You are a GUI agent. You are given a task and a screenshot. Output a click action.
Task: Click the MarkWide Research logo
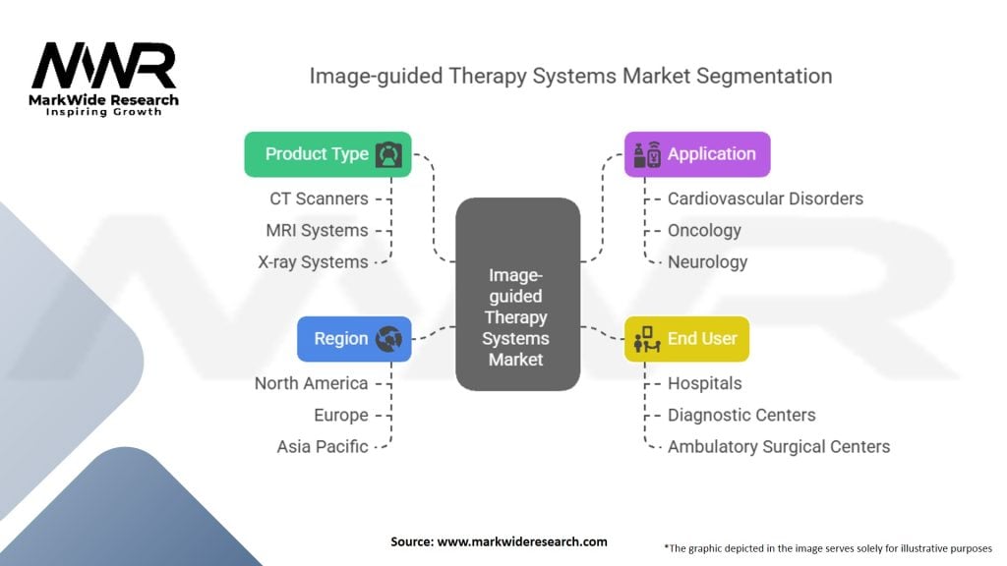click(x=104, y=79)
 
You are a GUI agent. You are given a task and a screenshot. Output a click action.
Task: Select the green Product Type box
click(x=327, y=154)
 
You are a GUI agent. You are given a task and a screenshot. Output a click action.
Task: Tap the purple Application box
click(x=697, y=154)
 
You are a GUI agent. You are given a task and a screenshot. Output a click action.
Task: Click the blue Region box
click(x=354, y=339)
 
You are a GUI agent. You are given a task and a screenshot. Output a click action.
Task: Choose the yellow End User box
click(x=686, y=339)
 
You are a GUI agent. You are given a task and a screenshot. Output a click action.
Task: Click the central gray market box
click(x=517, y=294)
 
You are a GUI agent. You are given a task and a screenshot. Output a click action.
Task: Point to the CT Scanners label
click(x=319, y=198)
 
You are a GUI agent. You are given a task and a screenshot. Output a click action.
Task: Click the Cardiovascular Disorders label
click(x=765, y=198)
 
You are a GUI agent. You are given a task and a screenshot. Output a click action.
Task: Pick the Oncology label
click(x=704, y=230)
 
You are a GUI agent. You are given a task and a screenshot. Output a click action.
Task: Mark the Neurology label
click(x=707, y=262)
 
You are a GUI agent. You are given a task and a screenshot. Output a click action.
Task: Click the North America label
click(x=311, y=383)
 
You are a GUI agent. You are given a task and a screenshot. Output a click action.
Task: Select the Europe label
click(x=340, y=415)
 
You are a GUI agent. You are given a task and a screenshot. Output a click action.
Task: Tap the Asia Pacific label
click(x=323, y=446)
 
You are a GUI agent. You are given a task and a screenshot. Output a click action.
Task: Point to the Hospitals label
click(x=704, y=383)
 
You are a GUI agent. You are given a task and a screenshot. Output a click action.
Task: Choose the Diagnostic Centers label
click(x=741, y=415)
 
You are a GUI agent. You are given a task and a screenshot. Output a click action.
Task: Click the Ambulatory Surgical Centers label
click(x=779, y=446)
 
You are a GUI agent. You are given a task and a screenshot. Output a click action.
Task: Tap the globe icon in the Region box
click(x=388, y=339)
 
